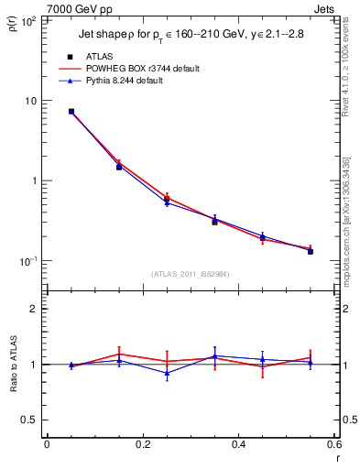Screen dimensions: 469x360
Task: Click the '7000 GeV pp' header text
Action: [80, 9]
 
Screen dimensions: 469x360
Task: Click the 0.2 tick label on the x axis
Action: [142, 445]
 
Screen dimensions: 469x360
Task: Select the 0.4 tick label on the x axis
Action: [238, 445]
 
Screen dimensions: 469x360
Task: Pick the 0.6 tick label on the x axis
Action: [333, 445]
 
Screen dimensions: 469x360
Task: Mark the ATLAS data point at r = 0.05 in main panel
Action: [71, 112]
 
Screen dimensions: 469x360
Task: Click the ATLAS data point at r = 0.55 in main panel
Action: [311, 250]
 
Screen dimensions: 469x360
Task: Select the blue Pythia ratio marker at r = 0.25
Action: [167, 373]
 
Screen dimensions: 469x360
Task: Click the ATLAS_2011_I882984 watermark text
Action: [191, 274]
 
